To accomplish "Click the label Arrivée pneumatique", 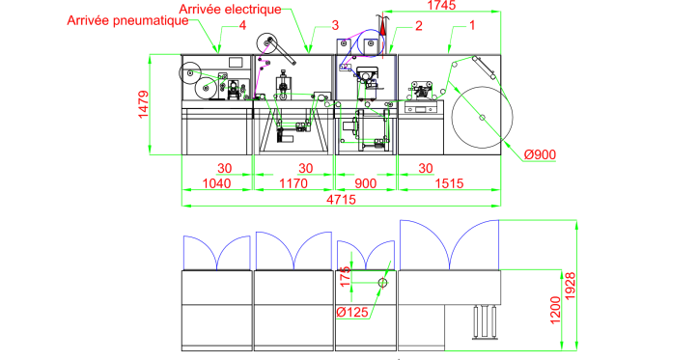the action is point(127,20).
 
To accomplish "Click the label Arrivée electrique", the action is point(230,10).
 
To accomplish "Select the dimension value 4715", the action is point(342,200).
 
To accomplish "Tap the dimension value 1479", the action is point(143,104).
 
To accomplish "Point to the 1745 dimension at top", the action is point(441,5).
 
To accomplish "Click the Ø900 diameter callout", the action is point(540,154).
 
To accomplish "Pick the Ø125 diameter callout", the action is point(352,312).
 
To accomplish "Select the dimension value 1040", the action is point(217,183).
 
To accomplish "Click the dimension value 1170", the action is point(293,183).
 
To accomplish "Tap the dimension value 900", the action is point(366,183).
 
